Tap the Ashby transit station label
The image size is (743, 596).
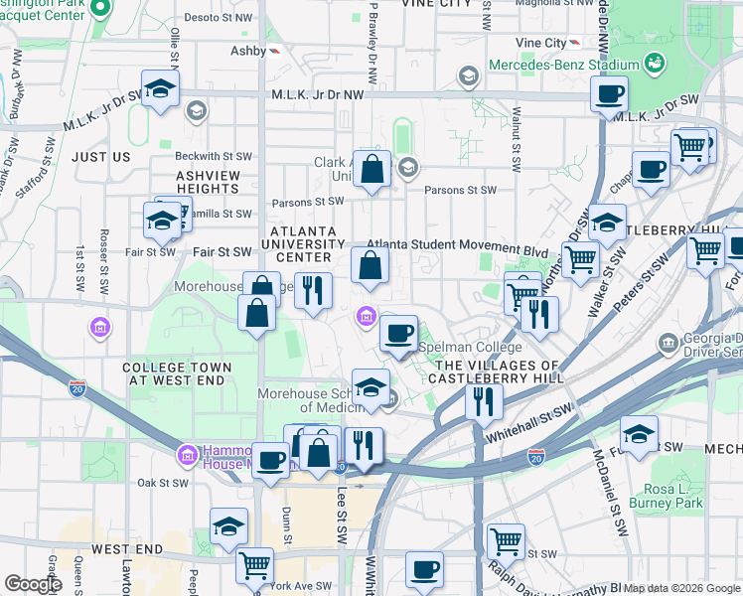(248, 51)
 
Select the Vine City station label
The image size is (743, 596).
(540, 44)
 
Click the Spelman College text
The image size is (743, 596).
(470, 347)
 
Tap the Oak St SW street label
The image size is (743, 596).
(162, 483)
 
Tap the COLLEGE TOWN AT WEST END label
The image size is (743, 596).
(177, 373)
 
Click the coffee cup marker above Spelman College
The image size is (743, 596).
(398, 333)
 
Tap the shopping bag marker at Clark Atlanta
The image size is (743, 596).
(372, 170)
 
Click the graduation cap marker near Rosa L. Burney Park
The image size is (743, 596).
(639, 433)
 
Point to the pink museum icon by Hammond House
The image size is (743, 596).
(185, 456)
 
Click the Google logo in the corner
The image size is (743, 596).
(33, 584)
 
